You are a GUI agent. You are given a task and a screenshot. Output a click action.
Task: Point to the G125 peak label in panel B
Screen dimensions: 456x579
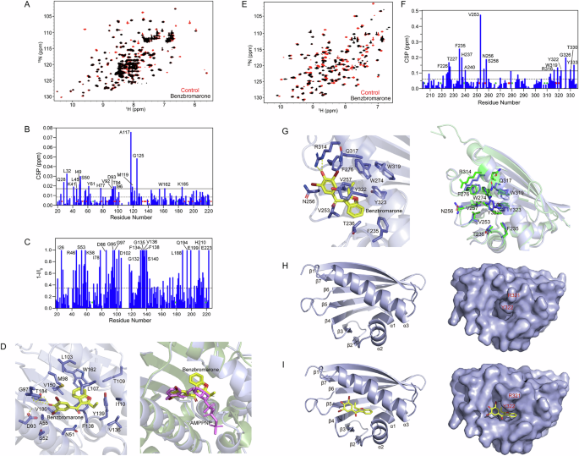pyautogui.click(x=139, y=156)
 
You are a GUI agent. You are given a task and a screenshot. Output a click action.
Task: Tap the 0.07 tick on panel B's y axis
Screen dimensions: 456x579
pyautogui.click(x=43, y=125)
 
